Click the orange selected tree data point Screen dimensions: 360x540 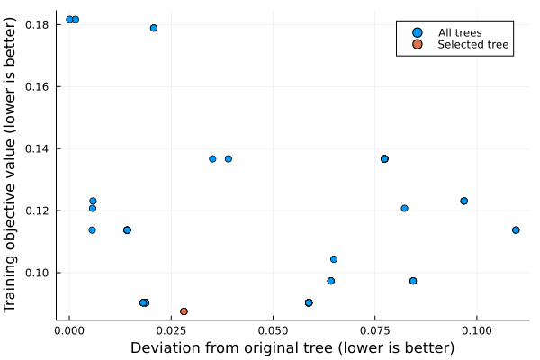click(184, 311)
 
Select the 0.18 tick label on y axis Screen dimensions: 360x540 click(36, 24)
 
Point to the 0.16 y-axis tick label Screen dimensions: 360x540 click(36, 86)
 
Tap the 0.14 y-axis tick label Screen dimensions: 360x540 click(36, 148)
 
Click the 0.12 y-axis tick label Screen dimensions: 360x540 click(36, 211)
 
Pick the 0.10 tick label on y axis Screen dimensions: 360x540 click(36, 273)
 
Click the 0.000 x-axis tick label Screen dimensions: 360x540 click(69, 330)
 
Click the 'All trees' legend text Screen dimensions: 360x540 click(460, 33)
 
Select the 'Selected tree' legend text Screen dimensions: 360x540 click(473, 45)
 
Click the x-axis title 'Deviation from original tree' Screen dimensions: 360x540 click(292, 347)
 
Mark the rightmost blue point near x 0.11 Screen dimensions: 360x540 click(516, 229)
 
